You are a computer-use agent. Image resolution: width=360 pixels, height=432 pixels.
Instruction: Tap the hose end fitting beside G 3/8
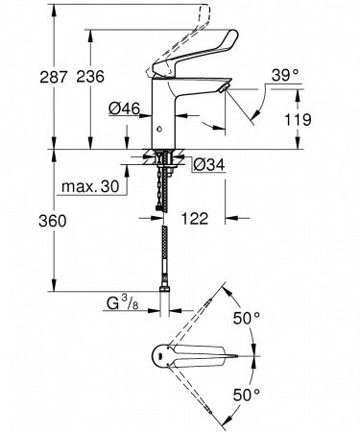point(171,305)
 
